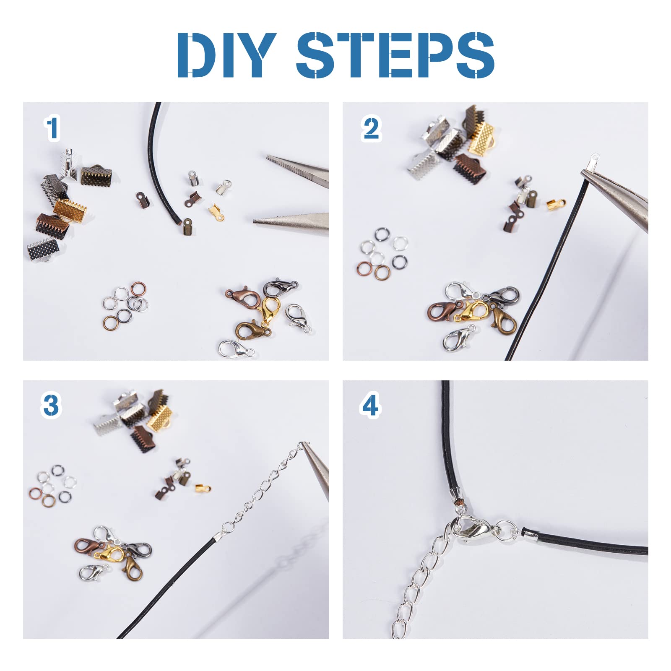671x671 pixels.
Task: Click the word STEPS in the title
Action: [395, 55]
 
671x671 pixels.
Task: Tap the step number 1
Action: [52, 128]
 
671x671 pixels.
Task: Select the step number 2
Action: [371, 129]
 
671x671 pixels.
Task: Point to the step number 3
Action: [51, 406]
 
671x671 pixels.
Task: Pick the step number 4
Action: [370, 405]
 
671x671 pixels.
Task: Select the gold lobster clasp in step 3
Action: [109, 554]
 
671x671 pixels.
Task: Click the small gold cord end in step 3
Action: [203, 488]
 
